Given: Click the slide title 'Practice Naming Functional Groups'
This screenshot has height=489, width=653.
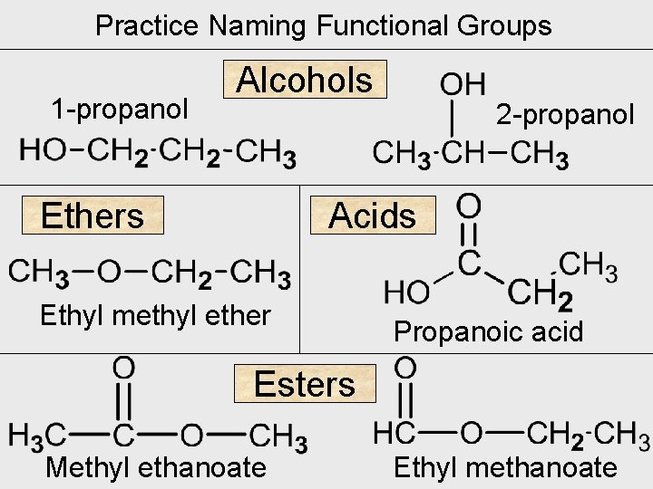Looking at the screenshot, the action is tap(324, 25).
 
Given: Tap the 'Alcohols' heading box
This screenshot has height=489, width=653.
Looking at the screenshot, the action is tap(305, 80).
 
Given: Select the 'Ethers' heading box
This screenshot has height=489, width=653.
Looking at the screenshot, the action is tap(93, 216).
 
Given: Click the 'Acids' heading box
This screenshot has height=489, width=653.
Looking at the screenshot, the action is tap(372, 216).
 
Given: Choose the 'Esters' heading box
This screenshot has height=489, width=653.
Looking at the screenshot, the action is tap(305, 384).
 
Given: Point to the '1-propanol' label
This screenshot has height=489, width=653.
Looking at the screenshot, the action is tap(120, 110).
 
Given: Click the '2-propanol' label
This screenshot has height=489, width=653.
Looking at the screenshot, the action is tap(565, 115).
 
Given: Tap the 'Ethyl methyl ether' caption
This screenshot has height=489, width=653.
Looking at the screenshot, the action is tap(155, 315).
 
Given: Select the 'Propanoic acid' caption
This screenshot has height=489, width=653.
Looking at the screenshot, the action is tap(488, 332).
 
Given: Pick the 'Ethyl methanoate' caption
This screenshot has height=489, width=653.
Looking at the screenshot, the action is tap(504, 467).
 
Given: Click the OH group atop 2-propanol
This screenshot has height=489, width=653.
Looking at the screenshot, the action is tap(462, 86).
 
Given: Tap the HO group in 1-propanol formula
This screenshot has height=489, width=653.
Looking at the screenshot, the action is tap(42, 150).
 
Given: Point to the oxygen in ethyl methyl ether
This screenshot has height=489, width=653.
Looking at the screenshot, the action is tap(109, 272).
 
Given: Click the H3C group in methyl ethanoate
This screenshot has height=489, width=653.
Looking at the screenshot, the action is tap(37, 436).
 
